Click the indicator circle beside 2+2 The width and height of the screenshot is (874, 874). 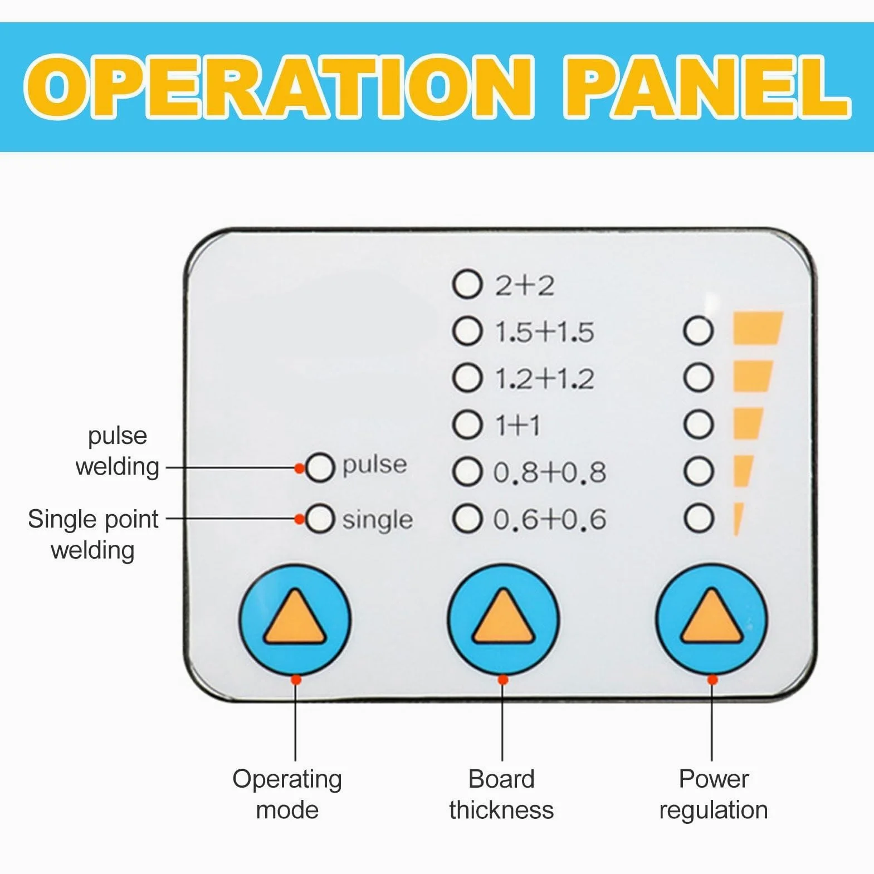(467, 285)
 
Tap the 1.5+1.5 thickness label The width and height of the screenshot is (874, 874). (545, 333)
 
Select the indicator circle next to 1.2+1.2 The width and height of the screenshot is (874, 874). (467, 378)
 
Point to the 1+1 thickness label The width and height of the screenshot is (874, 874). (518, 426)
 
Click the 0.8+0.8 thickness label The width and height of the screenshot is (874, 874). (549, 472)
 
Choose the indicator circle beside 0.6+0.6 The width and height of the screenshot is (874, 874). (467, 519)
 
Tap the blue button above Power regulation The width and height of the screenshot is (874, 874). (711, 619)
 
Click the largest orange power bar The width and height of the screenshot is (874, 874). (758, 328)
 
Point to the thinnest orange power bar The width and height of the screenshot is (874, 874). (738, 519)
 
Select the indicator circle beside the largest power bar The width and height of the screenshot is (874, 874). (699, 331)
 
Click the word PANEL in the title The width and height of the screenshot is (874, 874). (706, 86)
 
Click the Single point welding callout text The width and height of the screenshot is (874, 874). (93, 534)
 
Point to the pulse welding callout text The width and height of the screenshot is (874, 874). (118, 451)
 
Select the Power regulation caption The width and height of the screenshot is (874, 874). (714, 794)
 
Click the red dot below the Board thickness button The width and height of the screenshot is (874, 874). (502, 680)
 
